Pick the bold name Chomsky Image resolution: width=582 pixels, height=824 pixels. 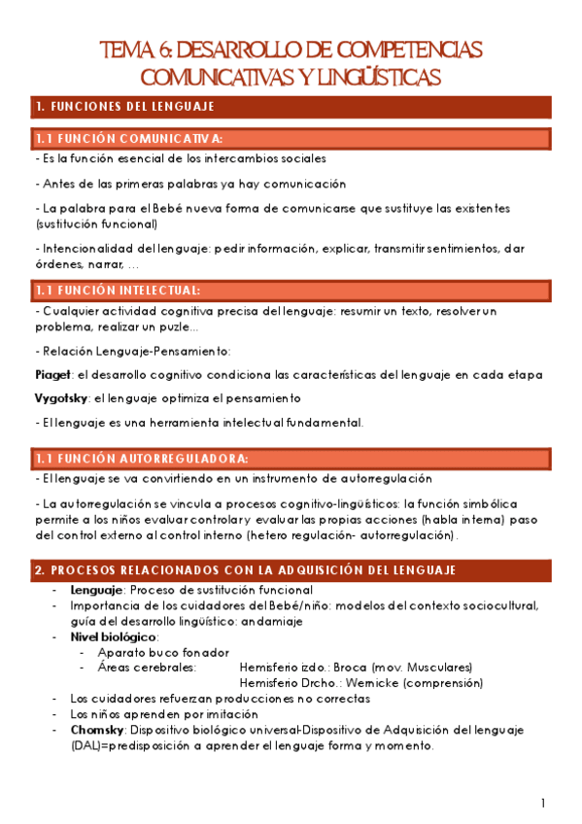95,729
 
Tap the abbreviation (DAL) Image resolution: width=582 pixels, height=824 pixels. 86,745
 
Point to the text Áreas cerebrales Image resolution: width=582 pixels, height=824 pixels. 147,668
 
